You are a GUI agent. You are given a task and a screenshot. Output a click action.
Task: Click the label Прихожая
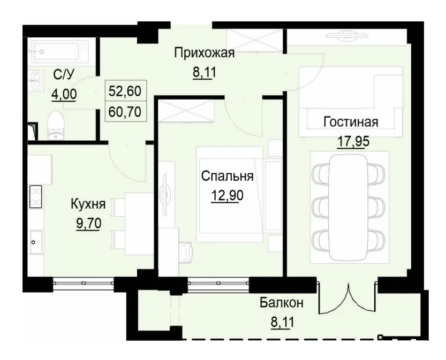coord(205,53)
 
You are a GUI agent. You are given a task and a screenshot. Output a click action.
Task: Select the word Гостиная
coord(351,122)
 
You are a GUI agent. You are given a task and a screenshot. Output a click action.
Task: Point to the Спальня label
coord(227,176)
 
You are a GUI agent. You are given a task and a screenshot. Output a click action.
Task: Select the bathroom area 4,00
coord(63,95)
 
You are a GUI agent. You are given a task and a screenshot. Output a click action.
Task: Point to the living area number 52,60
coord(125,91)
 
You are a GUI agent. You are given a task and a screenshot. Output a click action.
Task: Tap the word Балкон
coord(282,303)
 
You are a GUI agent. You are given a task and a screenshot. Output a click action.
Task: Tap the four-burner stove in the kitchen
coord(36,197)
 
